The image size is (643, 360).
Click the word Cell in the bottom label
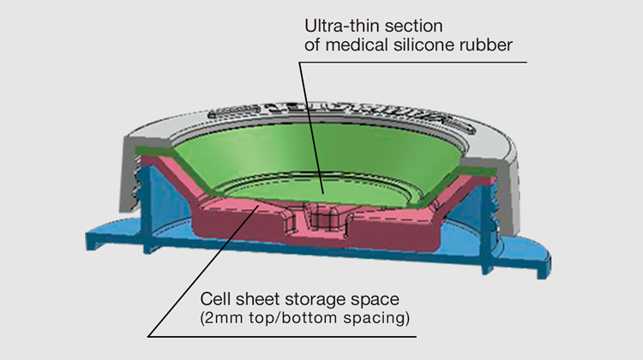[x=215, y=299]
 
